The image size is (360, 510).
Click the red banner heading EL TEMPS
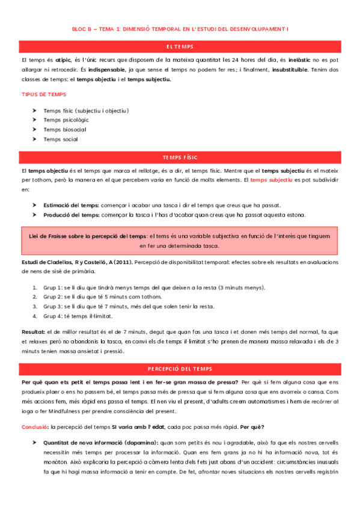click(x=180, y=46)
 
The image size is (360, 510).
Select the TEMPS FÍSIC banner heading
click(x=180, y=158)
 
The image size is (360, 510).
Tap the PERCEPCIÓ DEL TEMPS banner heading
click(x=180, y=368)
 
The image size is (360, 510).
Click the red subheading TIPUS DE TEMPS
click(x=44, y=94)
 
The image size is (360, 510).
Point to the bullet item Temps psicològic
click(x=66, y=120)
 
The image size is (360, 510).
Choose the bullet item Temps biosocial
click(x=64, y=129)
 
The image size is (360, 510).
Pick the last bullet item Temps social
click(x=60, y=139)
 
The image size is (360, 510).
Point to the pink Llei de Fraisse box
click(x=180, y=241)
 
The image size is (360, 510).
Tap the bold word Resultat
click(x=33, y=331)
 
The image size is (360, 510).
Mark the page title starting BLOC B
click(x=180, y=28)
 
